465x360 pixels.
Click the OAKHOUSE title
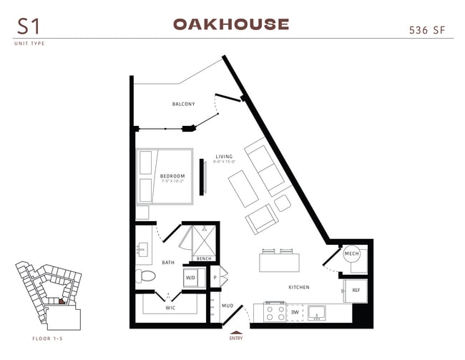231,24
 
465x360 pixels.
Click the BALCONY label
183,104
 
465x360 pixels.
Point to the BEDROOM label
172,176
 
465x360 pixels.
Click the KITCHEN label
299,287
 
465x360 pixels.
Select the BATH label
168,262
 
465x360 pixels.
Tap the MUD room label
227,306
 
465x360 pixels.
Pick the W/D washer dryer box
191,278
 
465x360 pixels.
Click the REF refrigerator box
355,291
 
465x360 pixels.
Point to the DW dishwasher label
295,313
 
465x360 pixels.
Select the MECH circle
351,255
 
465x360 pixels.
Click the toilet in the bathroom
145,276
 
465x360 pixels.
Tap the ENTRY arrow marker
235,331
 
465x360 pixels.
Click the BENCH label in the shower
204,258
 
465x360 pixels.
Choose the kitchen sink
317,313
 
